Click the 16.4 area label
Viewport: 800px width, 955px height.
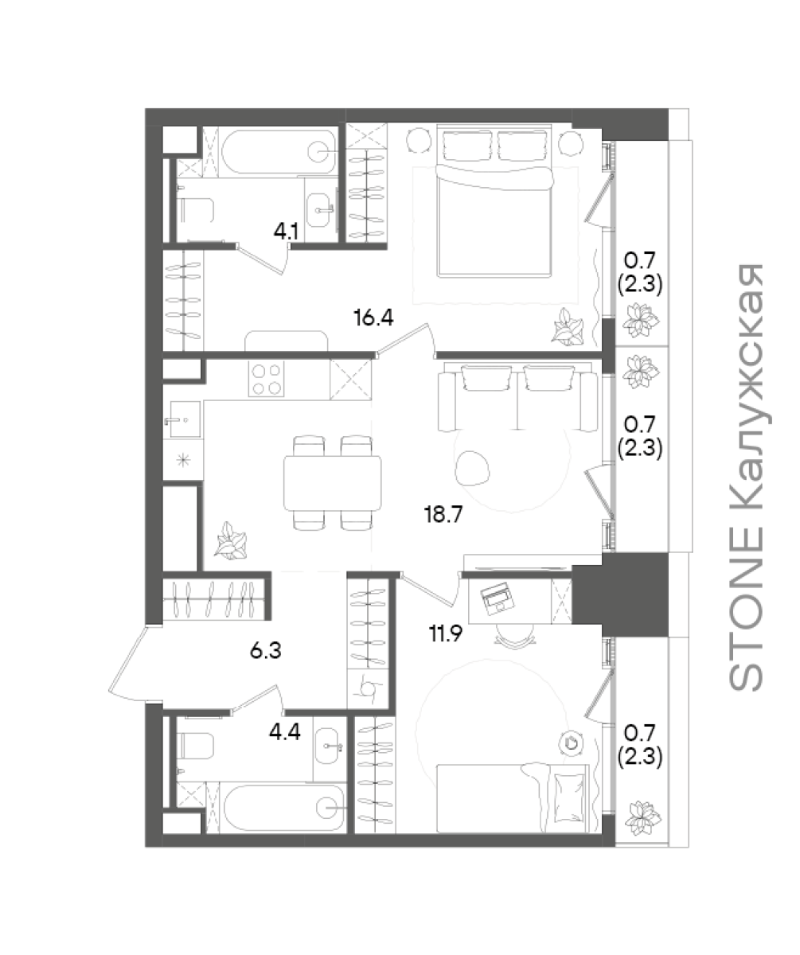(373, 317)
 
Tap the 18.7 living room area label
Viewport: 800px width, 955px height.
(443, 515)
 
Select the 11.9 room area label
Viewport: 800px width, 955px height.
(445, 634)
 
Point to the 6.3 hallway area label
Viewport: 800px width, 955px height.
(265, 650)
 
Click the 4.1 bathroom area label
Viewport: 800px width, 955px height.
(286, 232)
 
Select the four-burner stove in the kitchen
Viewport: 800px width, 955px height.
(266, 379)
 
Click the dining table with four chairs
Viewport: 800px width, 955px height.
(332, 483)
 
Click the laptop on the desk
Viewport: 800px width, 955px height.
(498, 598)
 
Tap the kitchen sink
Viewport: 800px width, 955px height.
(185, 419)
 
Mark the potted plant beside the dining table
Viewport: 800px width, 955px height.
(232, 541)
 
